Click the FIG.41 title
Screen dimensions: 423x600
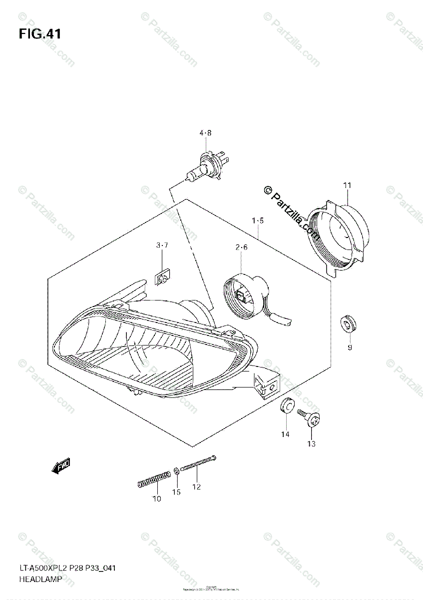(40, 34)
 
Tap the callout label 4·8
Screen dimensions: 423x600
(205, 133)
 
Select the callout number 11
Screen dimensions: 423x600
(347, 185)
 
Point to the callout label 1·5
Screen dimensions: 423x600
(258, 220)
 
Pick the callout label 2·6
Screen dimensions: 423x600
(242, 247)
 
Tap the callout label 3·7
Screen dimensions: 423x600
(162, 245)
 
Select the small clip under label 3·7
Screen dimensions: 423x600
(162, 276)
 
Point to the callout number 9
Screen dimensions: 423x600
(350, 347)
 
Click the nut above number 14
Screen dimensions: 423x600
(286, 406)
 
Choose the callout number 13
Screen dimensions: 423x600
(312, 443)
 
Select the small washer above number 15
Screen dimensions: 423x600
(177, 471)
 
